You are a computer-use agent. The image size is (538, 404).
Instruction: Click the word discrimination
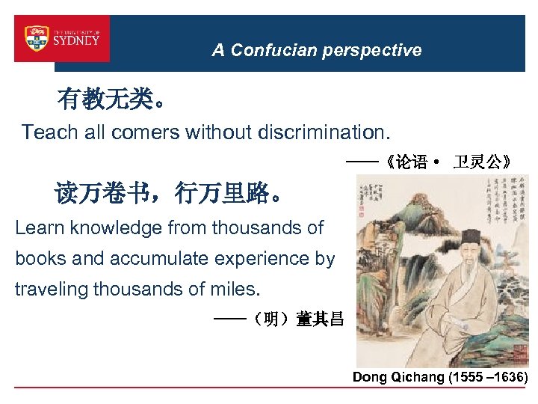coord(322,133)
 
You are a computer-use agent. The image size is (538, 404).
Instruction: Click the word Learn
coord(37,228)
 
